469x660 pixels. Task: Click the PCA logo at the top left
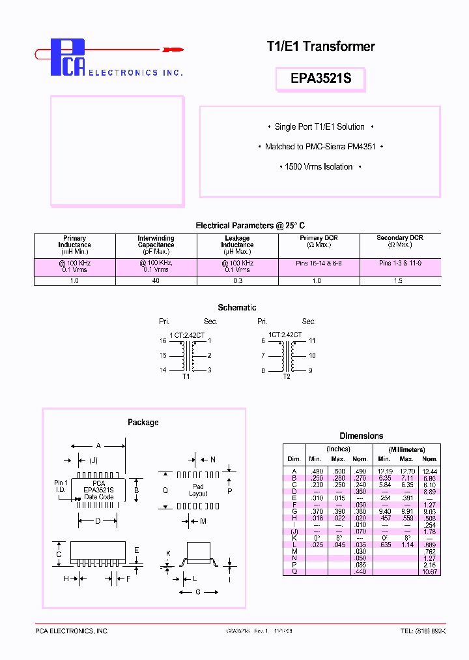pos(68,57)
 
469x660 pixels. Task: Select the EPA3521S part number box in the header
pos(321,79)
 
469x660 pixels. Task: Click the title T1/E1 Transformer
pos(321,46)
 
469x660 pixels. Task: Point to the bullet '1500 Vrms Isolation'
pos(319,167)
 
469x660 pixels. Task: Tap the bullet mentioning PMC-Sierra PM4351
pos(324,147)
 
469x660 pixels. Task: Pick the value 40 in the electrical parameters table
pos(156,280)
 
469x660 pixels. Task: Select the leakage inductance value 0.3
pos(237,280)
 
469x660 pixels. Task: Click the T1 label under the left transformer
pos(186,377)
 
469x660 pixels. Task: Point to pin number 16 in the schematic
pos(163,340)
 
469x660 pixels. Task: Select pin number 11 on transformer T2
pos(312,340)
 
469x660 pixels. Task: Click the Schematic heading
pos(237,307)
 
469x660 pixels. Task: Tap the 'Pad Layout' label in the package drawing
pos(198,490)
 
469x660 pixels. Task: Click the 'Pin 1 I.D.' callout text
pos(61,486)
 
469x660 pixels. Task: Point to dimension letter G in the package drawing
pos(198,592)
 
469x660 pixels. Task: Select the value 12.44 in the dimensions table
pos(429,471)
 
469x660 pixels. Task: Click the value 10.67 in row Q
pos(429,572)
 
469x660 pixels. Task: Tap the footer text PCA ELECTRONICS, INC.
pos(72,631)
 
